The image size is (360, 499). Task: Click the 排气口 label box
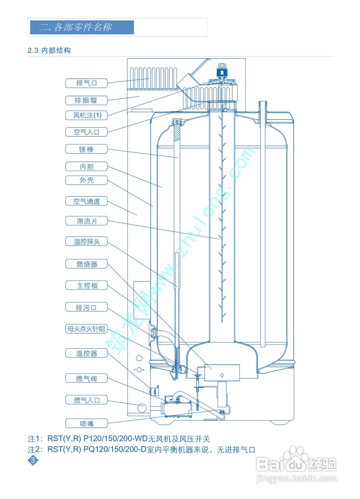point(86,83)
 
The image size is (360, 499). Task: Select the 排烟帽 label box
point(86,100)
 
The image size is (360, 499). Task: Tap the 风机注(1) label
point(86,115)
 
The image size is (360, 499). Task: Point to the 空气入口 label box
point(86,132)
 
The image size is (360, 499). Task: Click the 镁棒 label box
point(86,149)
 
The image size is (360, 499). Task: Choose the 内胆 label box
point(86,167)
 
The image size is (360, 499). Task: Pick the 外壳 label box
point(86,180)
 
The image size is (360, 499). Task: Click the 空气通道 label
point(86,201)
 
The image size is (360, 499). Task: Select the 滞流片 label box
point(86,221)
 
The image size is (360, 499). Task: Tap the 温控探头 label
point(86,241)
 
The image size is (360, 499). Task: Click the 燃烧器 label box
point(86,264)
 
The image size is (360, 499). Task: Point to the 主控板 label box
point(86,285)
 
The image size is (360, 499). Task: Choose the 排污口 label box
point(86,308)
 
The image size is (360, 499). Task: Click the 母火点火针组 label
point(86,329)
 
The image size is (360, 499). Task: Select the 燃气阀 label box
point(86,379)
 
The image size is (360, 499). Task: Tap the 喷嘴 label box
point(86,423)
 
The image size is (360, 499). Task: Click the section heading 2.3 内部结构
point(49,50)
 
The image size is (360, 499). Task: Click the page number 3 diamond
point(33,460)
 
